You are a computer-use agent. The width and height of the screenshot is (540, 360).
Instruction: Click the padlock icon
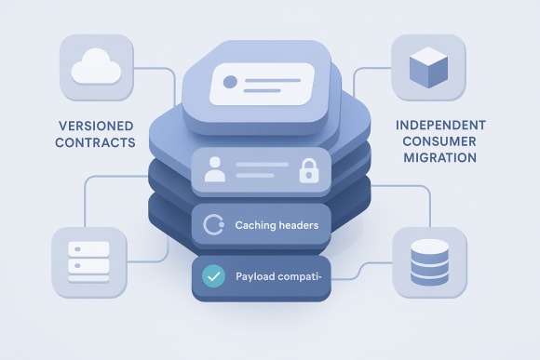(x=308, y=170)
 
